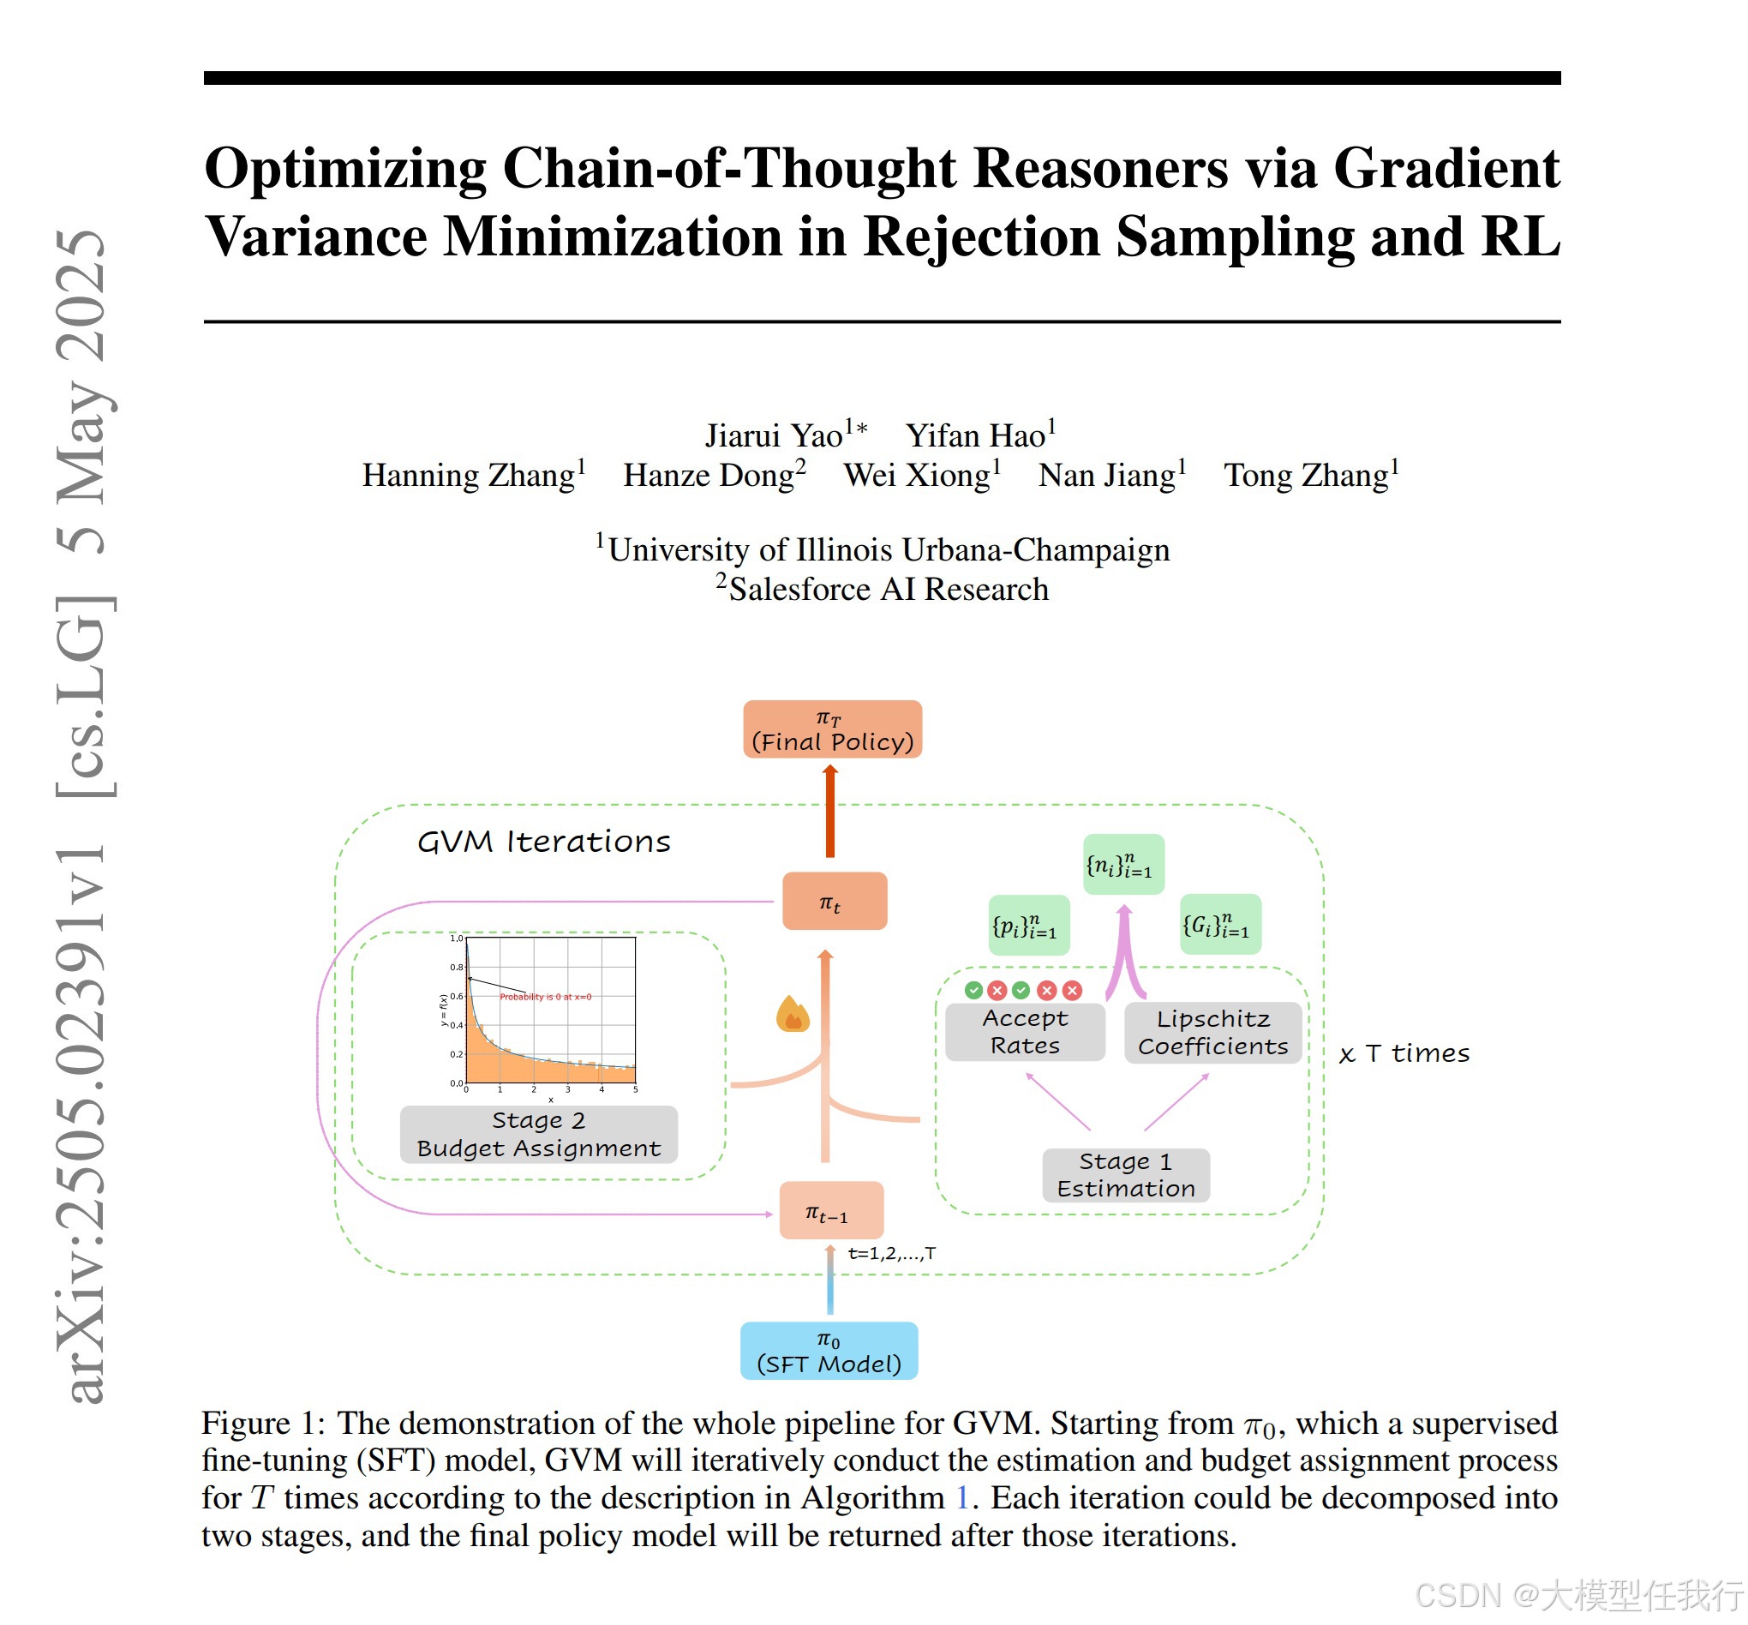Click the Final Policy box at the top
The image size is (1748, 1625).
(x=832, y=729)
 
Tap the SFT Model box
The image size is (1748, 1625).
(x=829, y=1351)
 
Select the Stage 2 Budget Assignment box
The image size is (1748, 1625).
(x=538, y=1135)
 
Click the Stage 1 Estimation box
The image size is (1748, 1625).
(x=1125, y=1175)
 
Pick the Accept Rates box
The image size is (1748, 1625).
(x=1024, y=1031)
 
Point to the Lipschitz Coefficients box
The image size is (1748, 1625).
(x=1212, y=1032)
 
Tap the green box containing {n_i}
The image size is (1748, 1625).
(x=1122, y=865)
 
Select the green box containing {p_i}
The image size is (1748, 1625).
(x=1029, y=925)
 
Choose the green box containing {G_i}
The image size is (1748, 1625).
(x=1219, y=924)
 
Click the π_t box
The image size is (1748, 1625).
(x=834, y=902)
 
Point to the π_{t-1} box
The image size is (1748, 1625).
(x=831, y=1211)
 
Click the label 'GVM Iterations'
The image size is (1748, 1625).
(x=543, y=842)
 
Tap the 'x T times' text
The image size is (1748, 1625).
(x=1404, y=1052)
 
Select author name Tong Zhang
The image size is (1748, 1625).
(x=1306, y=476)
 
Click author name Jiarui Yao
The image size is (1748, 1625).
(x=774, y=436)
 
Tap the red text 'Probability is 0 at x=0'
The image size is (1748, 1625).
(x=545, y=996)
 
